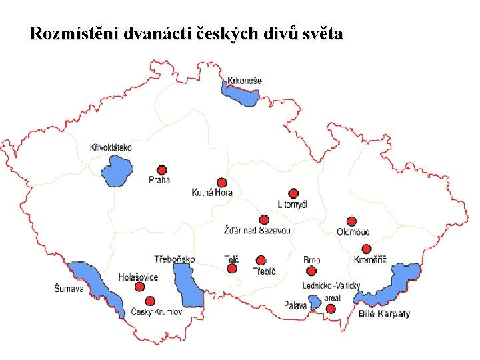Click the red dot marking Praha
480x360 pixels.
tap(161, 170)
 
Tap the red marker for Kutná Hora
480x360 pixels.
tap(222, 183)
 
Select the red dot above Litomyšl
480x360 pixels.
tap(293, 194)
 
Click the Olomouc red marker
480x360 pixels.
tap(352, 221)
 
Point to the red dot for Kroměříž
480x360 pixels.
tap(366, 249)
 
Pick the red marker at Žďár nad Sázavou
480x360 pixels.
tap(264, 219)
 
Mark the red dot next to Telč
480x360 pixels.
tap(232, 269)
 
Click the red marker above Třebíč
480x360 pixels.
tap(261, 260)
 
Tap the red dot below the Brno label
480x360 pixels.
tap(311, 271)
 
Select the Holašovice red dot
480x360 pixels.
tap(139, 287)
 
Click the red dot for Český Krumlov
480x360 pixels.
tap(150, 301)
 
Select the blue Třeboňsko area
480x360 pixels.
tap(187, 285)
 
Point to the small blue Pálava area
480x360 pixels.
tap(314, 304)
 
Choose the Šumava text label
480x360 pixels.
tap(69, 289)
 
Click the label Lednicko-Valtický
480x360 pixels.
tap(331, 285)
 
